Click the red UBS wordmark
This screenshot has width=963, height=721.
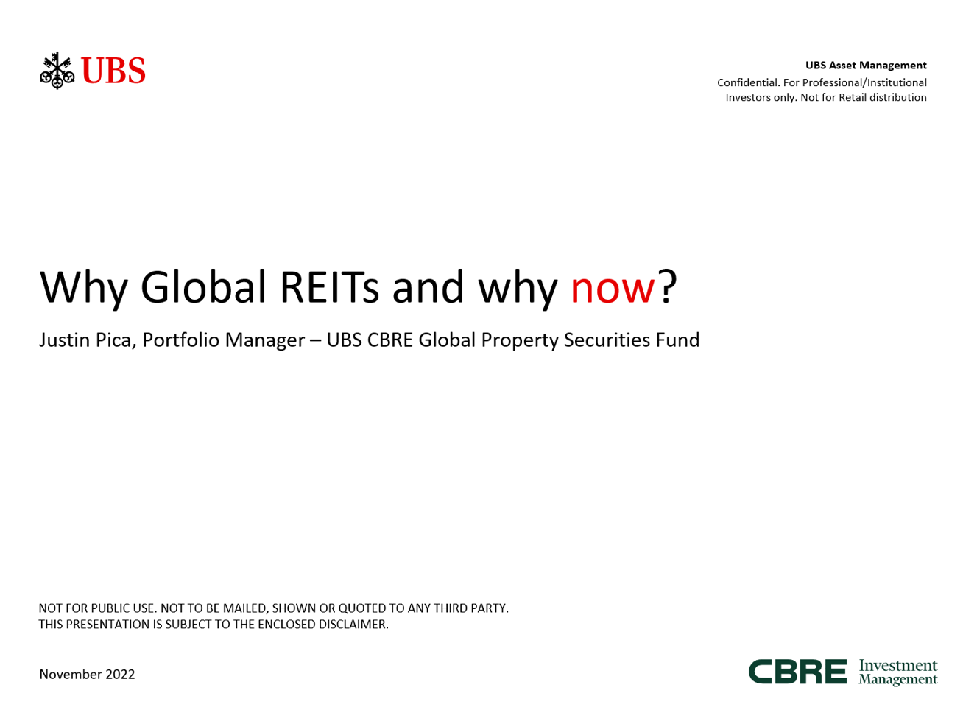click(x=113, y=70)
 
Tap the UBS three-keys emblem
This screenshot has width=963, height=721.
click(x=57, y=70)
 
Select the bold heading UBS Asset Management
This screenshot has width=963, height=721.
click(x=865, y=66)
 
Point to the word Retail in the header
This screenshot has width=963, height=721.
click(x=852, y=97)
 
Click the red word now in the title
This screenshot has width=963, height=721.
click(x=612, y=288)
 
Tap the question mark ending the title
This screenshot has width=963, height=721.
click(x=666, y=286)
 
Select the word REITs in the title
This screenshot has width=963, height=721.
click(x=329, y=286)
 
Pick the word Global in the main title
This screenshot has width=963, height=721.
click(x=203, y=286)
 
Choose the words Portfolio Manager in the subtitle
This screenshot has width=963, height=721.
click(x=223, y=340)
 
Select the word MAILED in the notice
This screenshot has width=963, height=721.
click(x=244, y=608)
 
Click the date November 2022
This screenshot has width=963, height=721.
click(x=87, y=675)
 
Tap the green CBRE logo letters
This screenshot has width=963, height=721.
click(x=797, y=672)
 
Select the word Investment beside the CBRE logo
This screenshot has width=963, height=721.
click(x=897, y=665)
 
